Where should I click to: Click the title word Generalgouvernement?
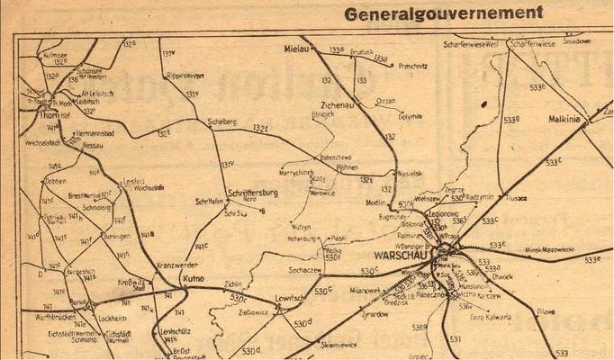click(x=444, y=13)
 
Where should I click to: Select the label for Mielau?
click(x=295, y=48)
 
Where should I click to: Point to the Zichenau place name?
click(x=347, y=105)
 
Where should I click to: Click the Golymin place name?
click(x=385, y=115)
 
